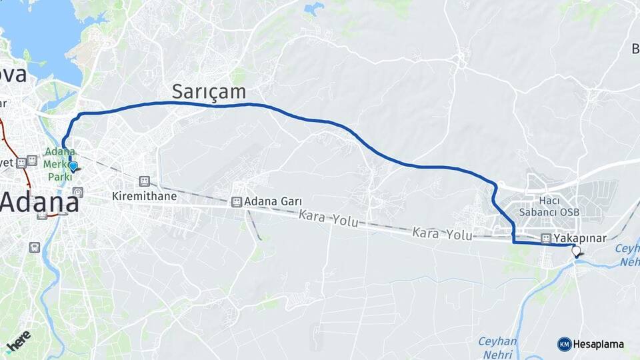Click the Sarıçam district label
point(209,91)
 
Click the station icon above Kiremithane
point(144,181)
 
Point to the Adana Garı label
point(273,201)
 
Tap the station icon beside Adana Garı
point(236,201)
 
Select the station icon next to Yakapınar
point(546,238)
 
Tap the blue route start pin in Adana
point(73,165)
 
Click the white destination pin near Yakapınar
point(576,251)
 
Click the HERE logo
point(19,341)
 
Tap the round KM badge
point(564,344)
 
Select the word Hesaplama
point(598,345)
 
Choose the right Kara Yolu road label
point(442,234)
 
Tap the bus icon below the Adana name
point(33,247)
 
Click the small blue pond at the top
point(313,9)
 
